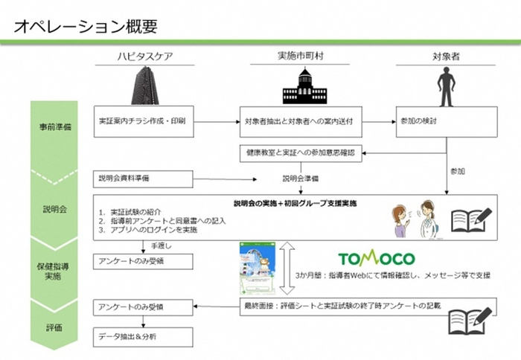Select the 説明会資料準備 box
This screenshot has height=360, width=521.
coord(143,179)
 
